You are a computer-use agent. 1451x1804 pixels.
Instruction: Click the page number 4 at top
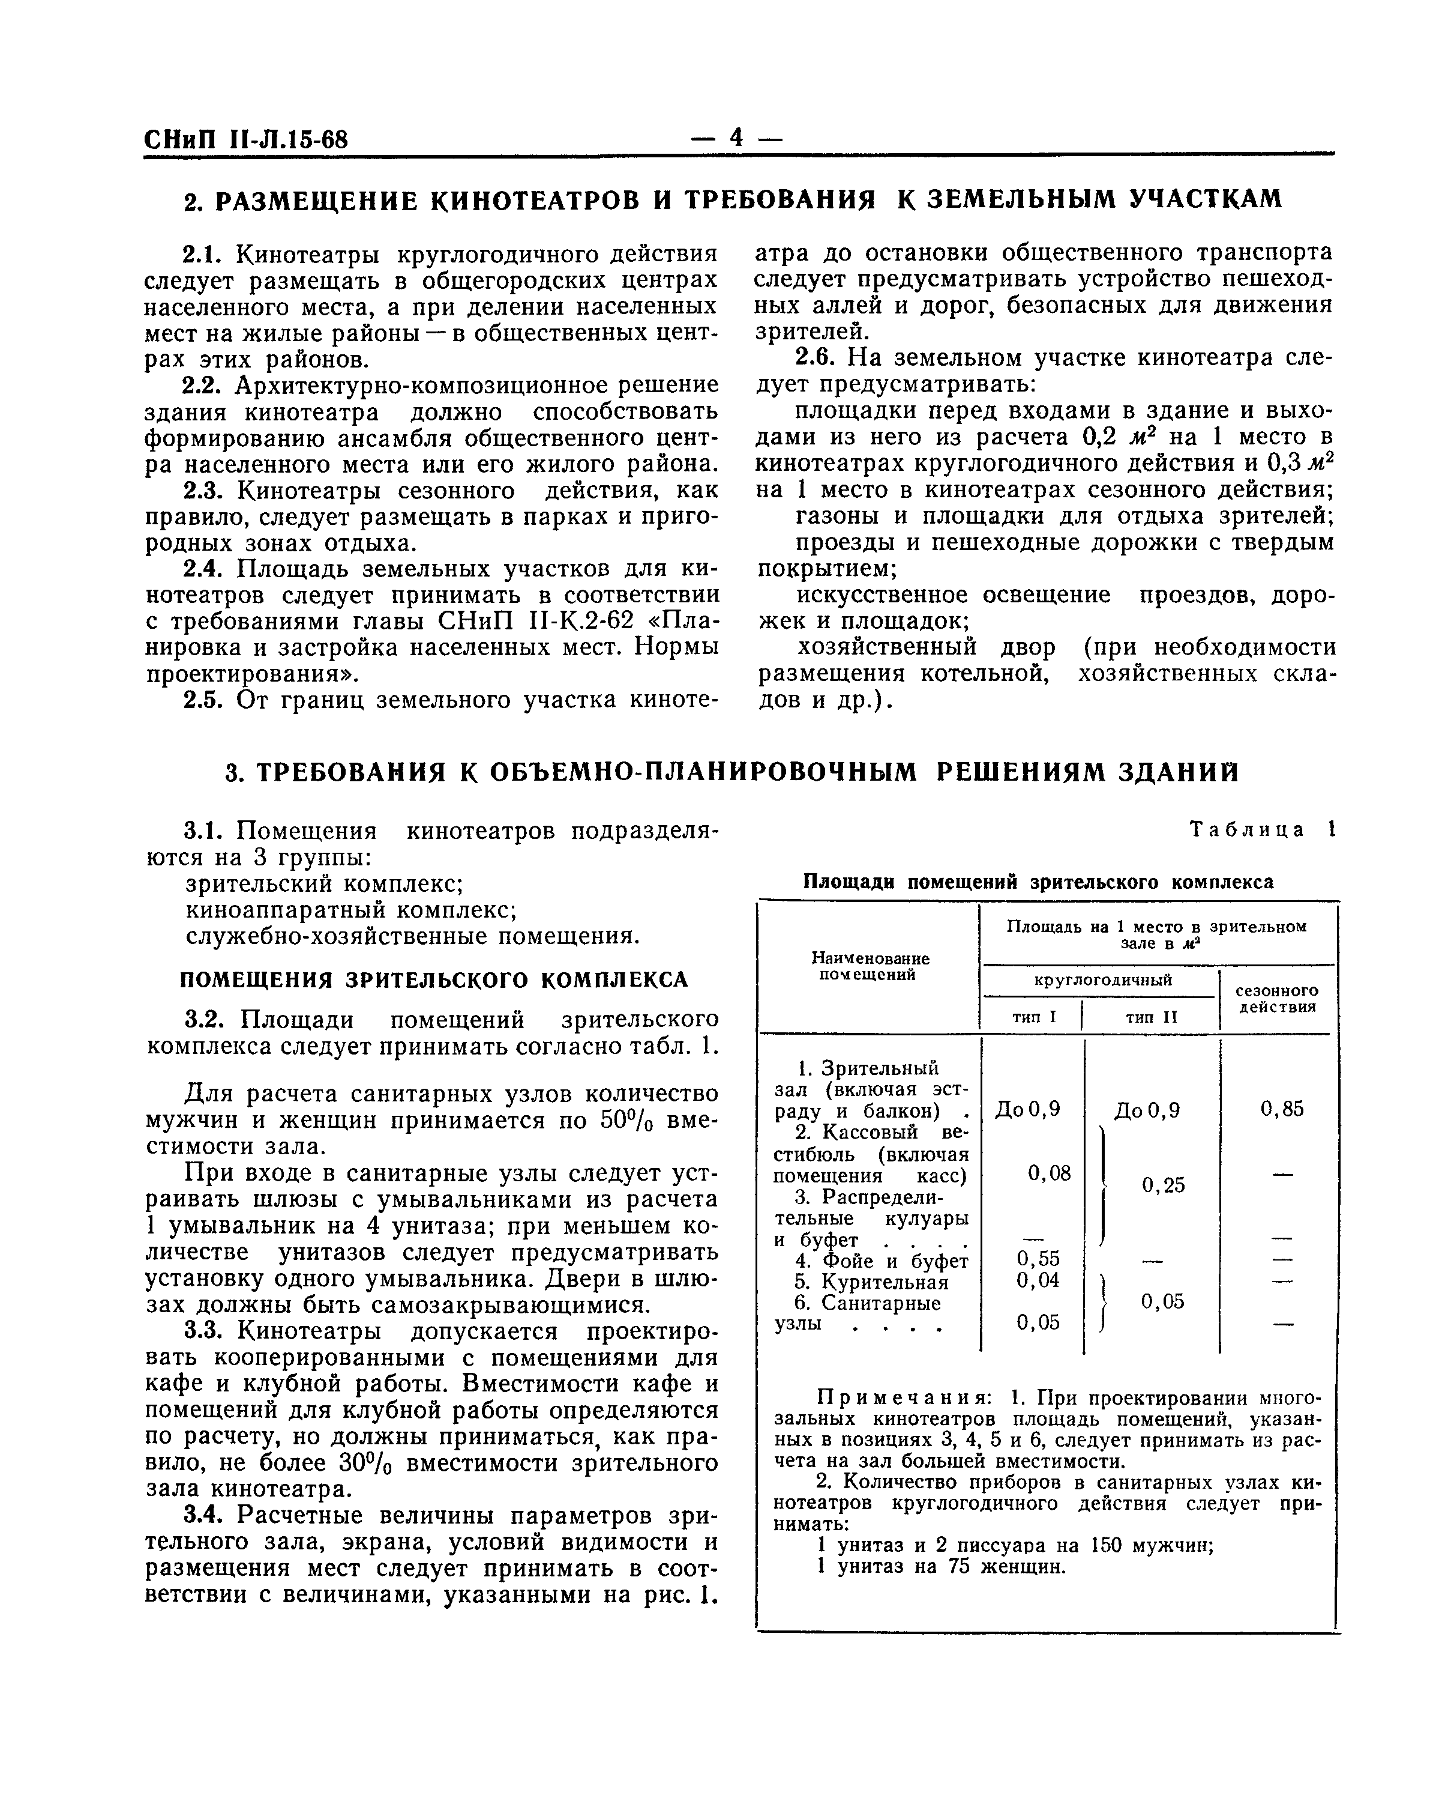pos(736,138)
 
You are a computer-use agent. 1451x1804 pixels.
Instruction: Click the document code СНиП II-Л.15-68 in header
pos(246,139)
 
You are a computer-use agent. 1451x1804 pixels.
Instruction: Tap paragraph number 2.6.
pos(816,357)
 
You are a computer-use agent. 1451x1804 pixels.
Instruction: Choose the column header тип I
pos(1035,1017)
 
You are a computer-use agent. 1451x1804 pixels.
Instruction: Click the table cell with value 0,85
pos(1281,1110)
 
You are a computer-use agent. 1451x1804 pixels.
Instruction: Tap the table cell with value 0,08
pos(1049,1173)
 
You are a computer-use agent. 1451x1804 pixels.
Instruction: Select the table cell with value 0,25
pos(1164,1185)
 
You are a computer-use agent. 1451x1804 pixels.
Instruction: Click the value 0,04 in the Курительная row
pos(1038,1280)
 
